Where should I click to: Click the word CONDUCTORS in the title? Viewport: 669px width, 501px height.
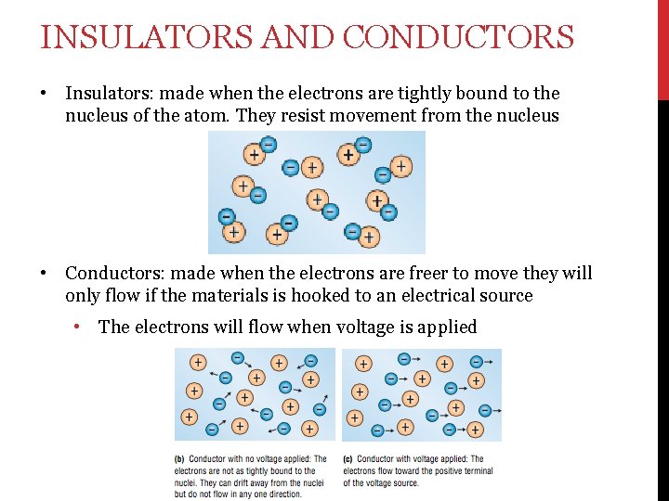pyautogui.click(x=458, y=38)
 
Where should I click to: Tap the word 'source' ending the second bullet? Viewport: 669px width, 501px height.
pyautogui.click(x=503, y=296)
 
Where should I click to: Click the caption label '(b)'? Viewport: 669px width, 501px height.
pyautogui.click(x=179, y=458)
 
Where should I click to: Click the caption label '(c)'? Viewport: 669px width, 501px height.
pyautogui.click(x=348, y=458)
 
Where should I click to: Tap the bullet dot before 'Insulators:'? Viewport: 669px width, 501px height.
pyautogui.click(x=43, y=94)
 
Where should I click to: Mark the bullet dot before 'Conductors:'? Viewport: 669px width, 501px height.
pyautogui.click(x=43, y=275)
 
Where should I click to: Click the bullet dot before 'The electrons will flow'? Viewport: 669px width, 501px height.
pyautogui.click(x=83, y=328)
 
